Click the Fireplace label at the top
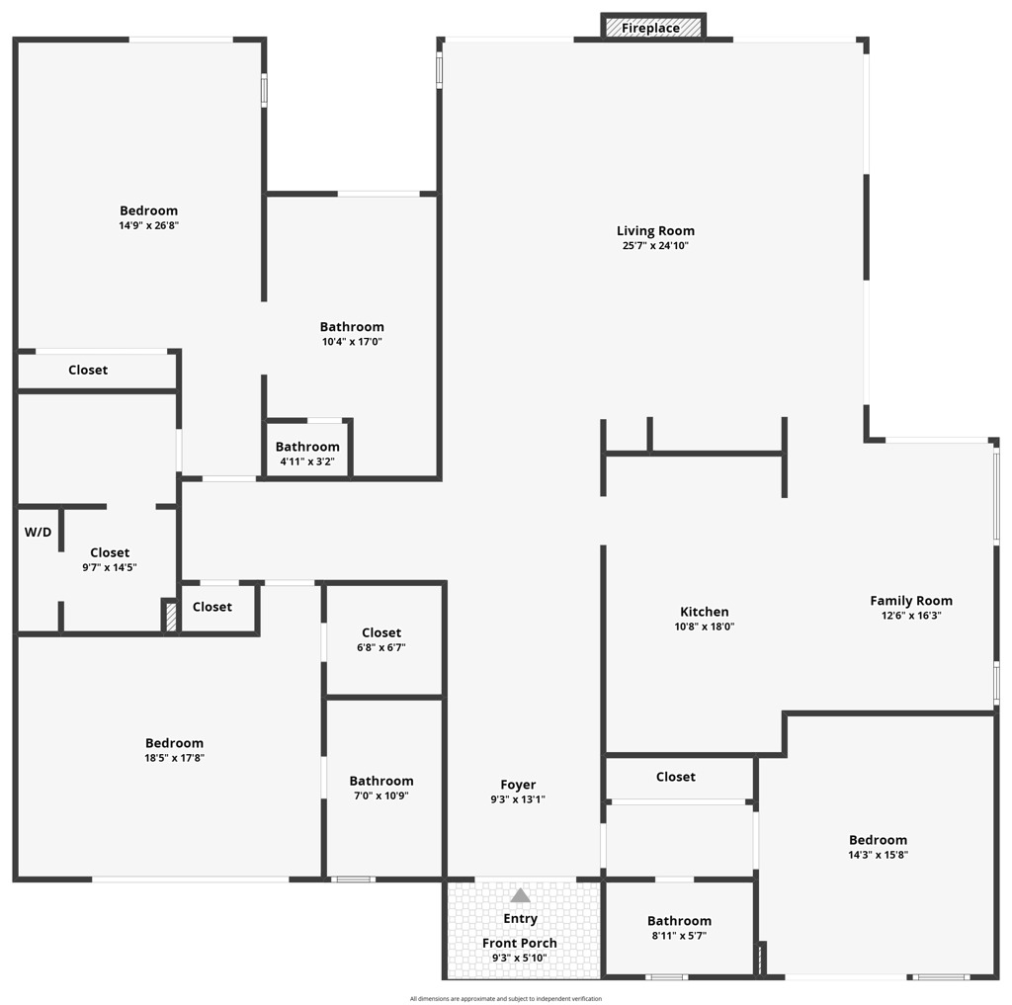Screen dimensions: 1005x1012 pos(650,29)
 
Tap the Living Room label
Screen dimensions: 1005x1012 pos(655,231)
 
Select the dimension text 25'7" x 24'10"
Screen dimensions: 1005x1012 pos(655,246)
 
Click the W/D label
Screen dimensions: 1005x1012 pos(38,533)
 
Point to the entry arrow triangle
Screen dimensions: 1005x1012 pos(520,895)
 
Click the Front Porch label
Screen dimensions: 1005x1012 pos(520,943)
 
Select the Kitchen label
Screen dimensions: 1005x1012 pos(704,612)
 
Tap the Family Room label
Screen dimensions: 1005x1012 pos(911,601)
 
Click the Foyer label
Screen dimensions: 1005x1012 pos(518,786)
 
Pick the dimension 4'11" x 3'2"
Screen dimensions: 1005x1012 pos(307,461)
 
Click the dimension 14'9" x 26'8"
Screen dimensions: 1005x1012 pos(149,225)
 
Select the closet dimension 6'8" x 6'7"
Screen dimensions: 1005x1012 pos(381,648)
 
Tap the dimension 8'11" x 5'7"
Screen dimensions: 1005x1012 pos(679,936)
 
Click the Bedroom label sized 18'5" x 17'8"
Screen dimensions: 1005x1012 pos(174,743)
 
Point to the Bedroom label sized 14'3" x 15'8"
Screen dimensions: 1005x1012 pos(877,840)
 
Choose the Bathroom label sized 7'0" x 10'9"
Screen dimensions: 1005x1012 pos(381,781)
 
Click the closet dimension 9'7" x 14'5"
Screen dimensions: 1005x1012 pos(110,568)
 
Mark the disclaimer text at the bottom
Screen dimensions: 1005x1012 pos(506,998)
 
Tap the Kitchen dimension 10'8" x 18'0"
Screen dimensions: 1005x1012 pos(704,627)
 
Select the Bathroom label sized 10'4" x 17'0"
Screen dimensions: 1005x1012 pos(352,327)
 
